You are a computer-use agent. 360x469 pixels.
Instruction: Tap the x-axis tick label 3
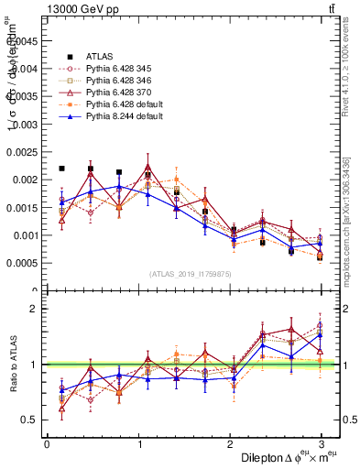click(x=320, y=444)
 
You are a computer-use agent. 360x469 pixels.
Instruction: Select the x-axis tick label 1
click(x=138, y=444)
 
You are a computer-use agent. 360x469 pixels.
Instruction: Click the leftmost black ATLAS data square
click(x=61, y=169)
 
